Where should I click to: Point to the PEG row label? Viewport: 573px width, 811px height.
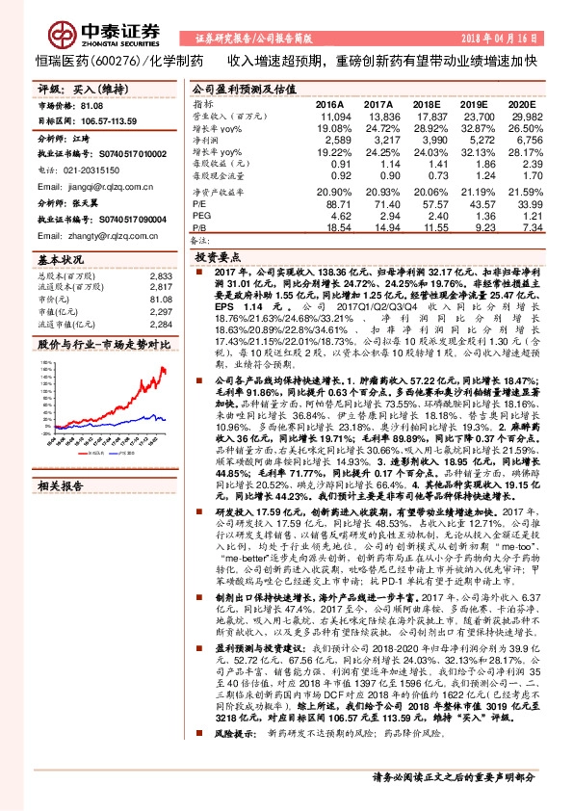(x=201, y=217)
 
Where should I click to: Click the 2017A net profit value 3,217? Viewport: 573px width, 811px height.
(x=378, y=140)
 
